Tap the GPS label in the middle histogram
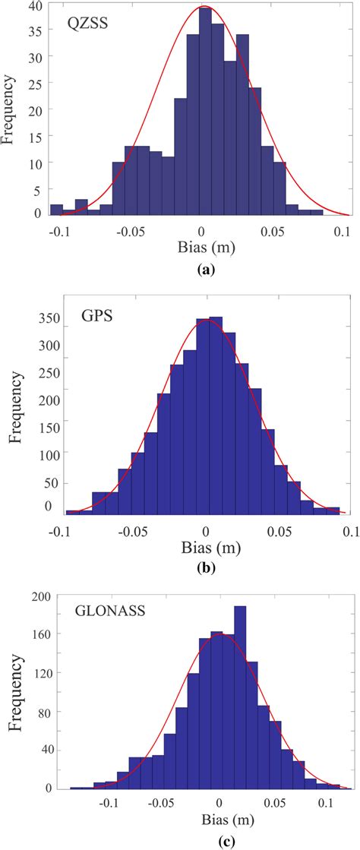tap(97, 313)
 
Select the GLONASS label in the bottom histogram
tap(103, 609)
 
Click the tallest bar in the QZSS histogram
tap(205, 114)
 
